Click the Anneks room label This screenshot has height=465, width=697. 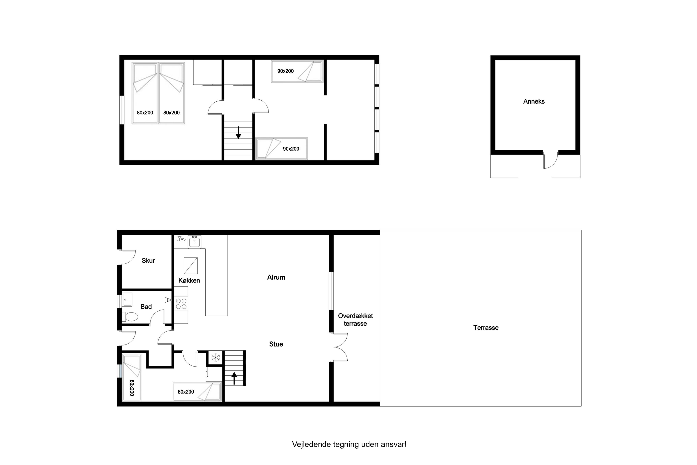pos(534,101)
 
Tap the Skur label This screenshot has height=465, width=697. pos(148,260)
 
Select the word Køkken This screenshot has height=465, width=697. pos(189,280)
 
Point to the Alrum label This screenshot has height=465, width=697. pos(276,277)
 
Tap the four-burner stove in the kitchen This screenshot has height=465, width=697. pos(181,304)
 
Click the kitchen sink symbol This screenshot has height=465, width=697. pos(194,242)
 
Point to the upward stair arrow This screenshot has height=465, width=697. pos(234,378)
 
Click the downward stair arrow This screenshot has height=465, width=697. pos(238,132)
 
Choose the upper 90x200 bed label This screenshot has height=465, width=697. pos(285,71)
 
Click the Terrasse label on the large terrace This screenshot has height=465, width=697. pos(486,328)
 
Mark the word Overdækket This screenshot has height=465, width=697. pos(355,316)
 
